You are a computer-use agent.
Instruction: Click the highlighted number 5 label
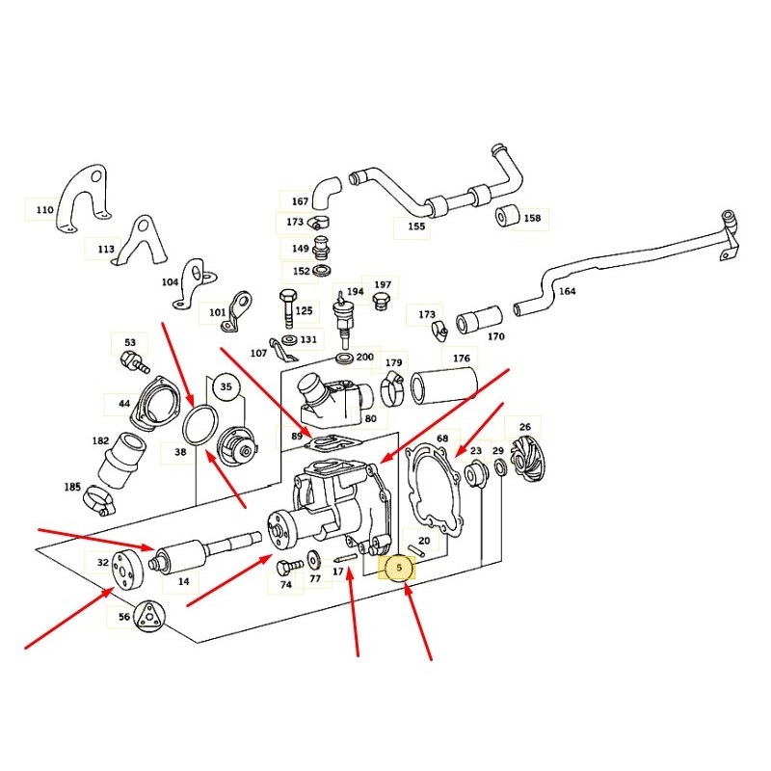point(398,569)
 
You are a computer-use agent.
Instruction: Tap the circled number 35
point(226,387)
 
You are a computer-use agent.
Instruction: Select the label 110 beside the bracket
point(43,209)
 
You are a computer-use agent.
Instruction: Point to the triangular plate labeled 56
point(147,616)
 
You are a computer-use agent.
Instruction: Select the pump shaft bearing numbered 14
point(179,557)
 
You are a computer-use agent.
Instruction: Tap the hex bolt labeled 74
point(288,566)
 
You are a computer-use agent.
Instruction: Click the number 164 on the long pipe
point(567,291)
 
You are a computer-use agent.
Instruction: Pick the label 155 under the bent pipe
point(416,228)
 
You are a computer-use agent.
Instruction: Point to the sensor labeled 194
point(342,313)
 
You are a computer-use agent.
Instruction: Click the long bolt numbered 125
point(287,307)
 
